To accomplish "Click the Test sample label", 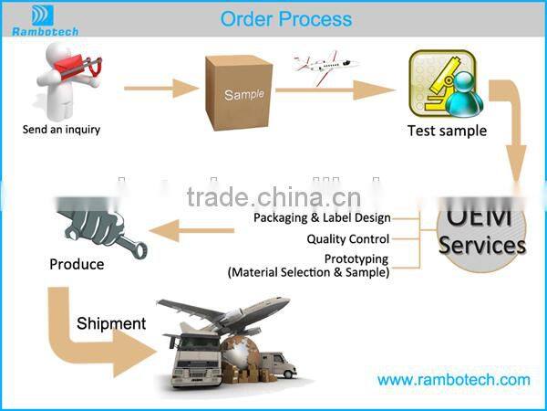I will (447, 130).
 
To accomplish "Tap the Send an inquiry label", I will (61, 129).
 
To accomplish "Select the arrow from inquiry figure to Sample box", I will (160, 89).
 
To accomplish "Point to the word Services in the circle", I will (482, 246).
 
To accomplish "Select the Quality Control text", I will (348, 239).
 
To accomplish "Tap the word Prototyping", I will (356, 259).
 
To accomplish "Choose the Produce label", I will (77, 265).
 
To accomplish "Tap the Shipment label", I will (111, 323).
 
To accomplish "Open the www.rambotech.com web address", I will (453, 379).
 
